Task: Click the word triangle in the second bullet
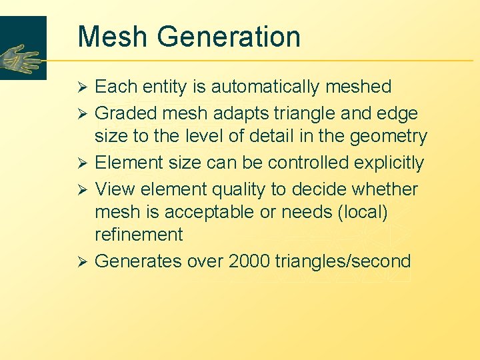pyautogui.click(x=296, y=114)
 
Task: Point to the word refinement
pyautogui.click(x=139, y=235)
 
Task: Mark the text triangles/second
pyautogui.click(x=343, y=261)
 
